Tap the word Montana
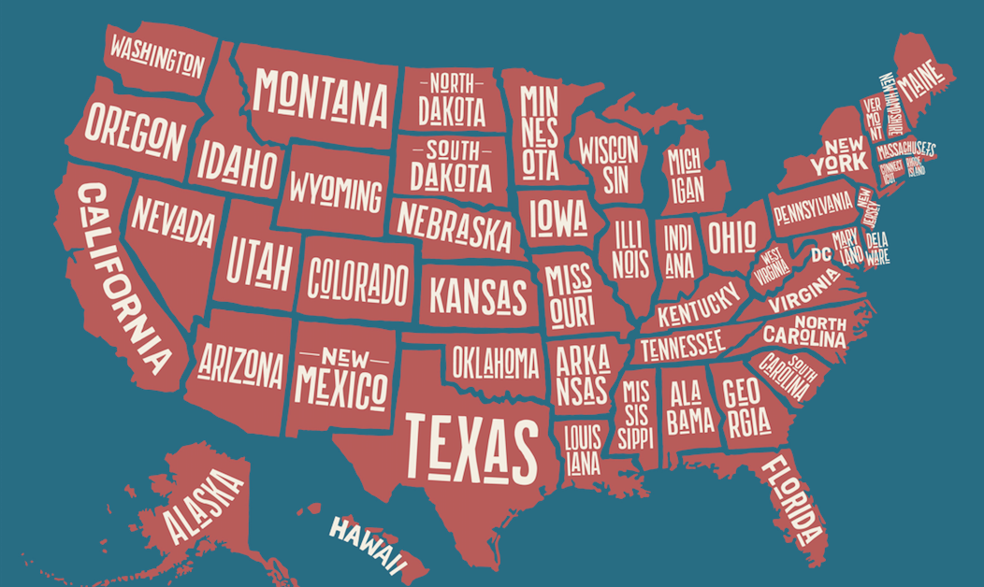click(321, 97)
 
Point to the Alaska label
click(200, 506)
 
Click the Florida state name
click(792, 499)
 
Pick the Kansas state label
click(477, 293)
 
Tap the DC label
click(820, 254)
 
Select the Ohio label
click(731, 237)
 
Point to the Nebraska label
click(455, 225)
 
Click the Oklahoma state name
click(496, 362)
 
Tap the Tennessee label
click(682, 346)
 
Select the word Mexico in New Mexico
click(340, 384)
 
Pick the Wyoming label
click(335, 191)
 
